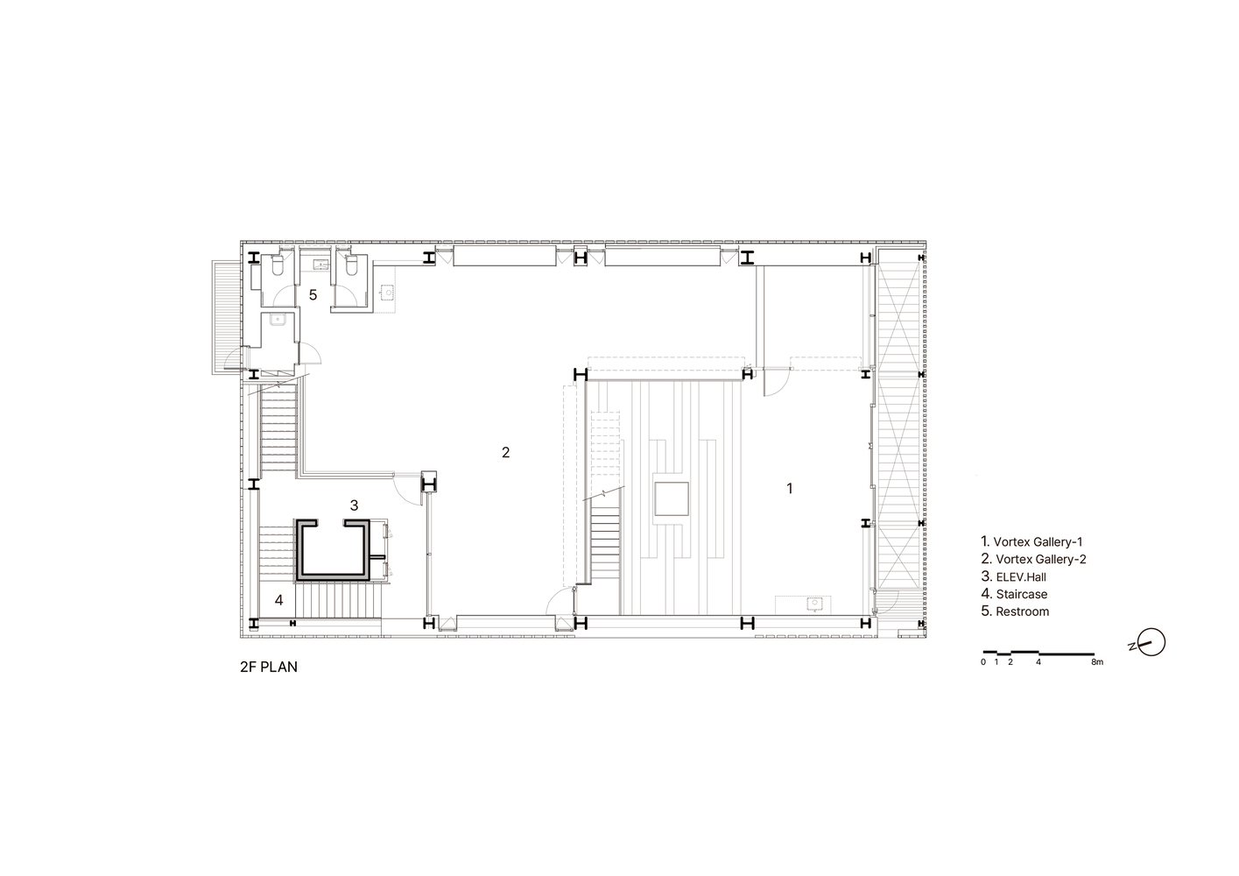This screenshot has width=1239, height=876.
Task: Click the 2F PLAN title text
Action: click(268, 667)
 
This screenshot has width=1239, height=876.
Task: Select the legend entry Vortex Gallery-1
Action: click(1031, 541)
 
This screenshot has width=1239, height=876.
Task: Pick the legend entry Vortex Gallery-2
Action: click(1033, 559)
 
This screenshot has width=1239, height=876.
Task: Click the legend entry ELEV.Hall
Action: click(1013, 576)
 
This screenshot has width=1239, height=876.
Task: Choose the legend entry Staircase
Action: click(1014, 594)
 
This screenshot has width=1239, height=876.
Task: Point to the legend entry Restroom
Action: click(1015, 611)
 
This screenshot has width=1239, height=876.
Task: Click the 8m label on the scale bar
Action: click(1097, 662)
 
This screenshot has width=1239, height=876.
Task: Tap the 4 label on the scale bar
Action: click(1038, 662)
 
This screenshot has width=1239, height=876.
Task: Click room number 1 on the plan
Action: click(789, 488)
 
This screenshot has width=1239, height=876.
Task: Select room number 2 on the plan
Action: click(505, 453)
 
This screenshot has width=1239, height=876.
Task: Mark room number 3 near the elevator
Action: click(354, 505)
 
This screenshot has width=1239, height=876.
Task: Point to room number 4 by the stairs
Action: click(278, 599)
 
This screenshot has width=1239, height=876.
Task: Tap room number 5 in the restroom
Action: click(313, 295)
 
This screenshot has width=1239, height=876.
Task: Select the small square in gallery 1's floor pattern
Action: click(672, 498)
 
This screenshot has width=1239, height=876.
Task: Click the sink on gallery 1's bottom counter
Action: click(814, 603)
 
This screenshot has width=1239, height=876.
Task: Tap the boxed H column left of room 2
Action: click(429, 484)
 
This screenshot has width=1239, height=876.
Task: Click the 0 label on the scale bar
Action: click(983, 662)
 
